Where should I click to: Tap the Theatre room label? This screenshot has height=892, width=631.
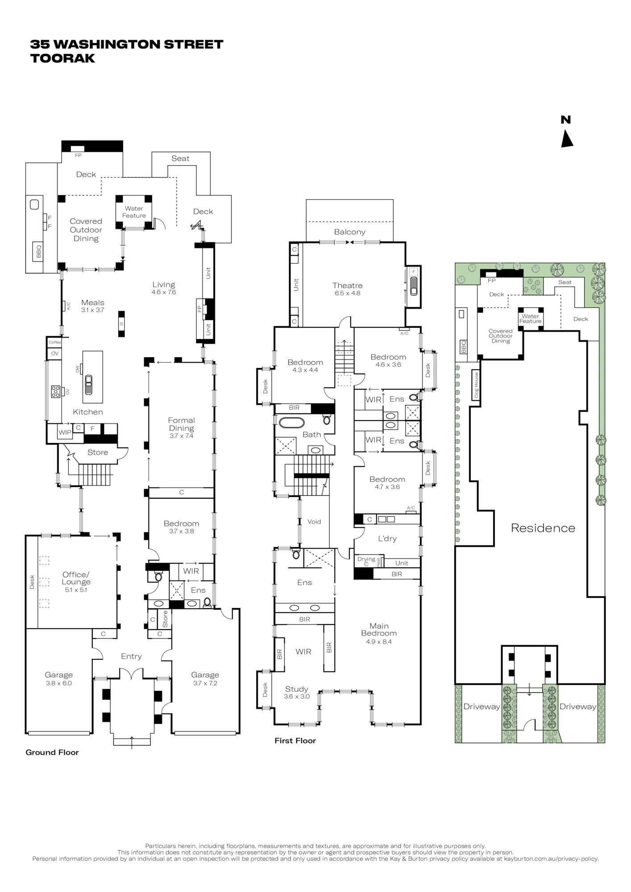[347, 285]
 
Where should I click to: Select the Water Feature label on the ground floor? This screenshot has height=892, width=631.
[134, 212]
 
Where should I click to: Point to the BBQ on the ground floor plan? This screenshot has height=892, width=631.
[38, 251]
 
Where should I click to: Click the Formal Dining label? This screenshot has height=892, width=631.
[181, 424]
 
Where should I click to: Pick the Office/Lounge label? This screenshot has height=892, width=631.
[76, 578]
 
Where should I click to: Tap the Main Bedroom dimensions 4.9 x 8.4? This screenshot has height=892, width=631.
[379, 642]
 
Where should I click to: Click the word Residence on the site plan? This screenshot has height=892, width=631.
[543, 528]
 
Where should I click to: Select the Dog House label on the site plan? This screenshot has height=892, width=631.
[476, 384]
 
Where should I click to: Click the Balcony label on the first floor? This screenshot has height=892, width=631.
[349, 232]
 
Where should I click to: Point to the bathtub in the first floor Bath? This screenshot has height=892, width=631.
[292, 422]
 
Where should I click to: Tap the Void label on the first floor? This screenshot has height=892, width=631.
[314, 522]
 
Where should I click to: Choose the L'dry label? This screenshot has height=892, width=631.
[387, 538]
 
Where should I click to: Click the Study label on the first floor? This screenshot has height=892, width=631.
[296, 689]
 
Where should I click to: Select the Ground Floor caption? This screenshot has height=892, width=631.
[52, 752]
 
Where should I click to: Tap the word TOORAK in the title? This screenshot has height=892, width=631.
[62, 58]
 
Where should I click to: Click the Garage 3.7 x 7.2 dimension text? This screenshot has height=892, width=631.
[205, 683]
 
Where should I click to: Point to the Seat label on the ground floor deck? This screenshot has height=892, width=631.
[180, 158]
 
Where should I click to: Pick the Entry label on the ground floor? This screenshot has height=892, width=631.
[131, 656]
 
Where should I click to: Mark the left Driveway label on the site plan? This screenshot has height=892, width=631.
[482, 706]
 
